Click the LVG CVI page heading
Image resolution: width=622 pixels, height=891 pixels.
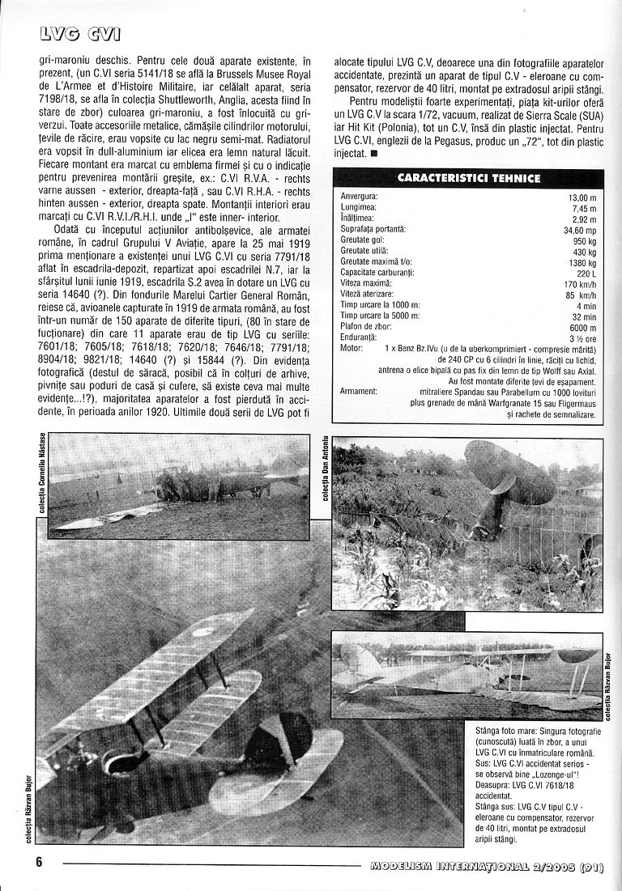82,34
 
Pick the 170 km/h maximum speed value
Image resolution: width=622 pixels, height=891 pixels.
578,283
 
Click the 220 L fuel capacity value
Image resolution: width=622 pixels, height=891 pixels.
585,273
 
